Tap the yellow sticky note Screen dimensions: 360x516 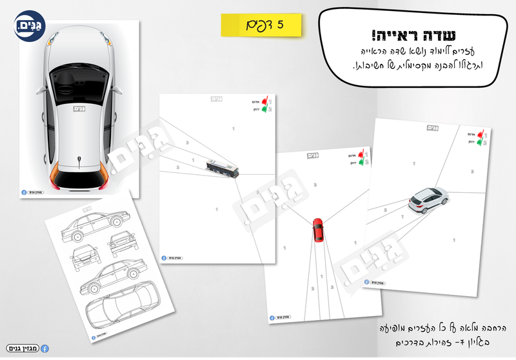point(262,25)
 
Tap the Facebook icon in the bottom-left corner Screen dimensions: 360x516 point(45,348)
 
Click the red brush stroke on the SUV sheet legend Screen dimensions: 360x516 point(479,135)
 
